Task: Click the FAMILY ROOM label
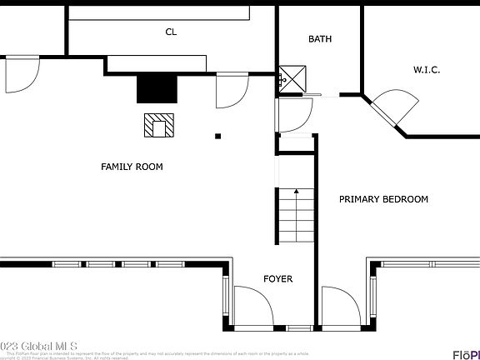(x=132, y=167)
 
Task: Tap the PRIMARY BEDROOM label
(x=383, y=199)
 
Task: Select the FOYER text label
(x=277, y=279)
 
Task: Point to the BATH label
(x=320, y=39)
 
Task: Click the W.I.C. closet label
(x=427, y=70)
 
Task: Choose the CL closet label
(x=171, y=32)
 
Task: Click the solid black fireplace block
(x=157, y=87)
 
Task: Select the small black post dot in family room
(x=218, y=136)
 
